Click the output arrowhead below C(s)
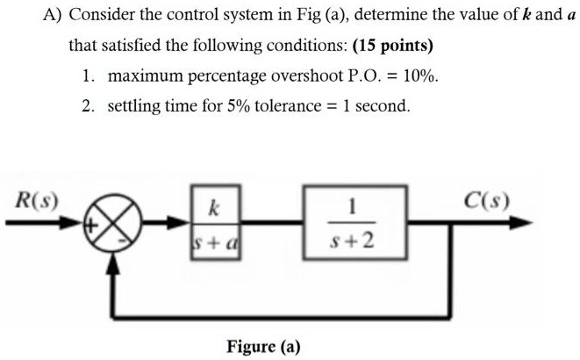point(521,224)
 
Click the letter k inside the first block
point(211,210)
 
